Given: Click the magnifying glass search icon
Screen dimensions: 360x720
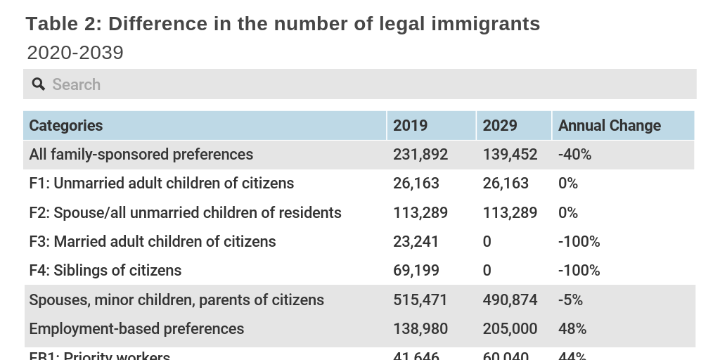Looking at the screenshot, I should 38,84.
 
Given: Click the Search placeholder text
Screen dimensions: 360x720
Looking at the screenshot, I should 77,84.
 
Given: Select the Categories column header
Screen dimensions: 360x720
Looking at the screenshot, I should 66,125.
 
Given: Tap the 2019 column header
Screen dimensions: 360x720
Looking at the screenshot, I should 410,125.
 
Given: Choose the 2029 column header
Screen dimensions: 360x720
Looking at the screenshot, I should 500,125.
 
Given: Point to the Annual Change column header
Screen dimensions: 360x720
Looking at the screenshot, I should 609,125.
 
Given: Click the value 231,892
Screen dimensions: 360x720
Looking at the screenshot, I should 420,154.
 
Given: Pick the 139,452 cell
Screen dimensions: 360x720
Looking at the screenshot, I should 510,154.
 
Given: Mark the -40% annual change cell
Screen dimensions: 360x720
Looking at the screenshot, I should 574,154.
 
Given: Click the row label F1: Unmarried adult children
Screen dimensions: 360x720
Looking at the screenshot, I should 161,184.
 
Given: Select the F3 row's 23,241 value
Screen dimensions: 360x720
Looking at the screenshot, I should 416,242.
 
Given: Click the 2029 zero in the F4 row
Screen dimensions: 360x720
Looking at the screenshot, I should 487,271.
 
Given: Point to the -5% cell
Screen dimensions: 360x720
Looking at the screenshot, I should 570,300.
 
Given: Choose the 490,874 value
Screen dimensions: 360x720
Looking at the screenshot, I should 510,300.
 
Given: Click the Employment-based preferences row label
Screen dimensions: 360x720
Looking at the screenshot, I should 136,329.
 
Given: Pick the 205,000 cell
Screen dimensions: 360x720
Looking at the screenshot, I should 510,329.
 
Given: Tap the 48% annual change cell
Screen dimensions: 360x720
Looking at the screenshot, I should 572,329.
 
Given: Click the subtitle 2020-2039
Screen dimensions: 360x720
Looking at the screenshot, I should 75,53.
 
